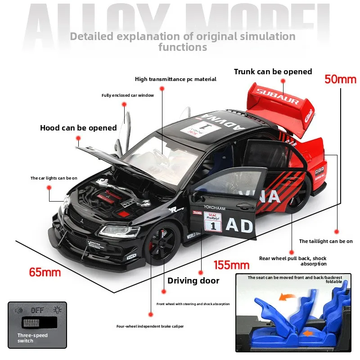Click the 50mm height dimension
pos(340,79)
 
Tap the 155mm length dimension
pos(231,265)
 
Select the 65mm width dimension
pos(45,272)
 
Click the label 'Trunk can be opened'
pos(273,72)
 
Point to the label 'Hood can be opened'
pos(78,128)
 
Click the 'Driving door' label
pos(193,281)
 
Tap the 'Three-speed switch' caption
pos(32,338)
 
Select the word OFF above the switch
pos(37,310)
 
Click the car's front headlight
pos(119,231)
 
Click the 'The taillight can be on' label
pos(326,241)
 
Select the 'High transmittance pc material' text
pos(175,79)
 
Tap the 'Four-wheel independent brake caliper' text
pos(150,326)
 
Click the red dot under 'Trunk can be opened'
pos(283,81)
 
